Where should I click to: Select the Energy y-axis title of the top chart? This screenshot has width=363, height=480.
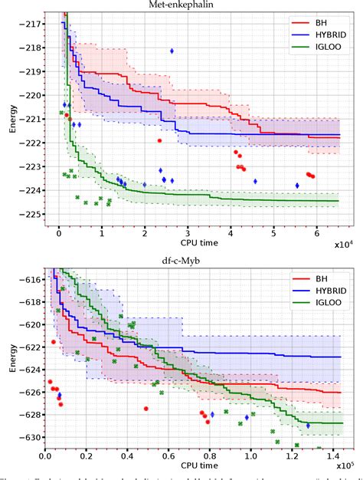coord(12,117)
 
